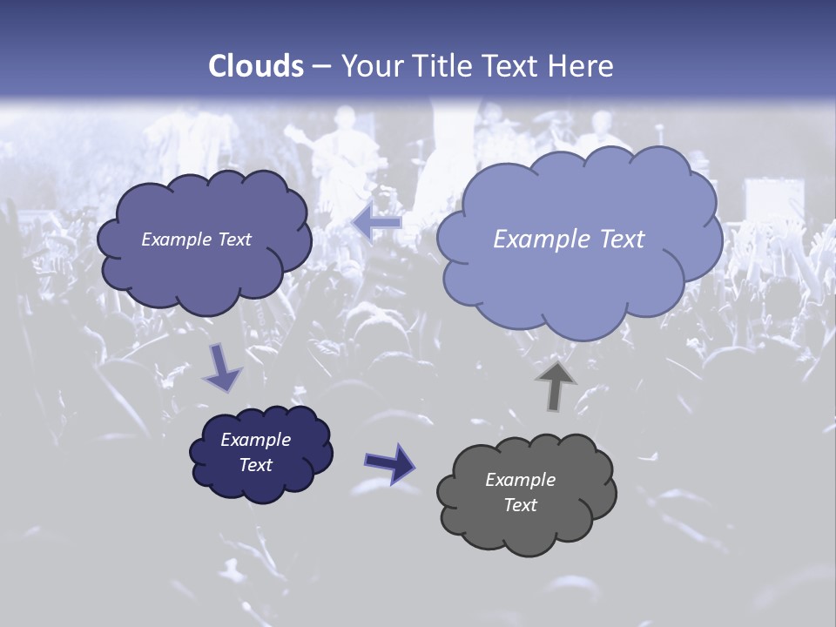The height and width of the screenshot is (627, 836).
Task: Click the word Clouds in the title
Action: (x=256, y=66)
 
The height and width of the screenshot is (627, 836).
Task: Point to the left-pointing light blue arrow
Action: (x=376, y=224)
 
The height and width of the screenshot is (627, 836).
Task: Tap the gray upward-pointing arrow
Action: (x=556, y=385)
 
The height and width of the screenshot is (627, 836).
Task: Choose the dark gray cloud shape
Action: (x=526, y=522)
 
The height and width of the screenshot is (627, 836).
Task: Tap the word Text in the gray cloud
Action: (x=520, y=505)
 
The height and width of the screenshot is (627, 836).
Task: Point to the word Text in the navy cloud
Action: (x=256, y=465)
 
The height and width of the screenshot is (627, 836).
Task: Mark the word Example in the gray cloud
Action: (x=520, y=480)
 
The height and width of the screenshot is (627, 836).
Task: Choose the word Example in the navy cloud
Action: (x=256, y=440)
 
